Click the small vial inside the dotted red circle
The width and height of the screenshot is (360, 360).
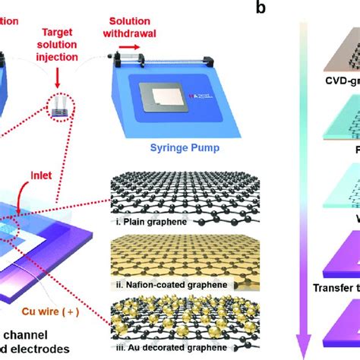[58, 109]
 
